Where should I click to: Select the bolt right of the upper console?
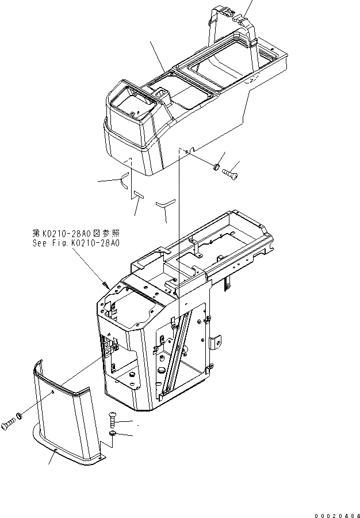coord(231,171)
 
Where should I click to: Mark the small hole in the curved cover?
coord(53,391)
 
